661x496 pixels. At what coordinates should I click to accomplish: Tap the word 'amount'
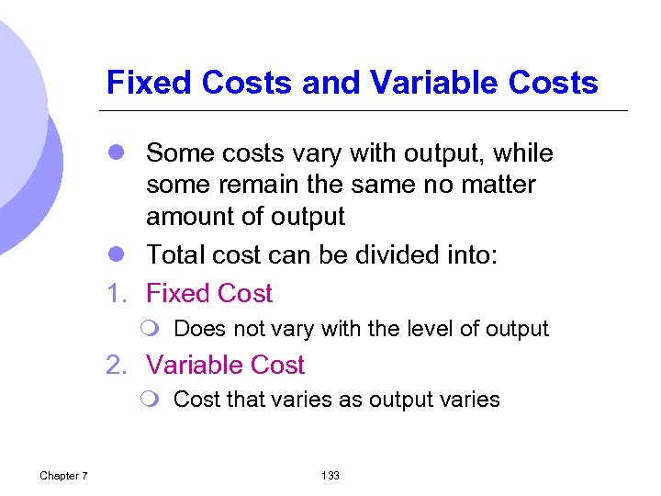pos(192,218)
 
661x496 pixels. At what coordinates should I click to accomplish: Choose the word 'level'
pos(398,329)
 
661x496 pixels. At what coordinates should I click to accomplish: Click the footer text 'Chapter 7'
pos(64,475)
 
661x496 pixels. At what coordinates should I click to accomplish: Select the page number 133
pos(330,475)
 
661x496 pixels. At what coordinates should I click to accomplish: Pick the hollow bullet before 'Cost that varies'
pos(152,400)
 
